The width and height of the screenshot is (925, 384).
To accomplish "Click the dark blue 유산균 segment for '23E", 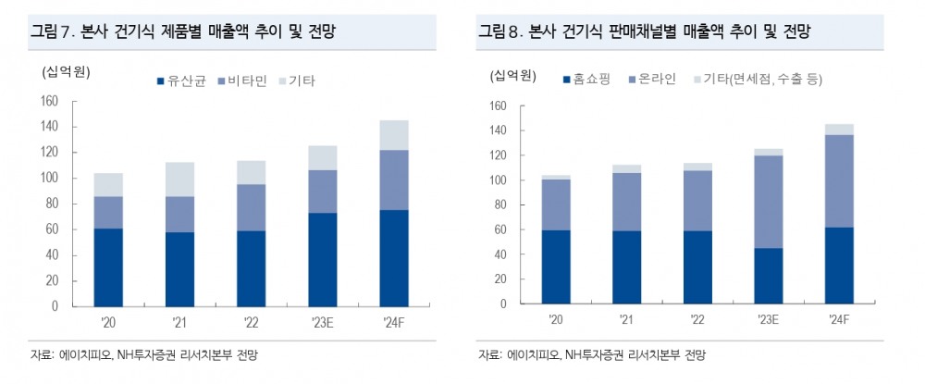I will click(x=323, y=259).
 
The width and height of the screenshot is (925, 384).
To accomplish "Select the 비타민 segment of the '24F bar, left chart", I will click(x=393, y=180).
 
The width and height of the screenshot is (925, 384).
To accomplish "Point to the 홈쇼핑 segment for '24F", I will click(x=838, y=266).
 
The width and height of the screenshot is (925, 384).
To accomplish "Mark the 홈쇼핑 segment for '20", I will click(x=556, y=266).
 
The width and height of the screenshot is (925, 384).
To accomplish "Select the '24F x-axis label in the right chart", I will click(x=838, y=318).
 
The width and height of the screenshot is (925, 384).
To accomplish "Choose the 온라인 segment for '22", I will click(x=697, y=201).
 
